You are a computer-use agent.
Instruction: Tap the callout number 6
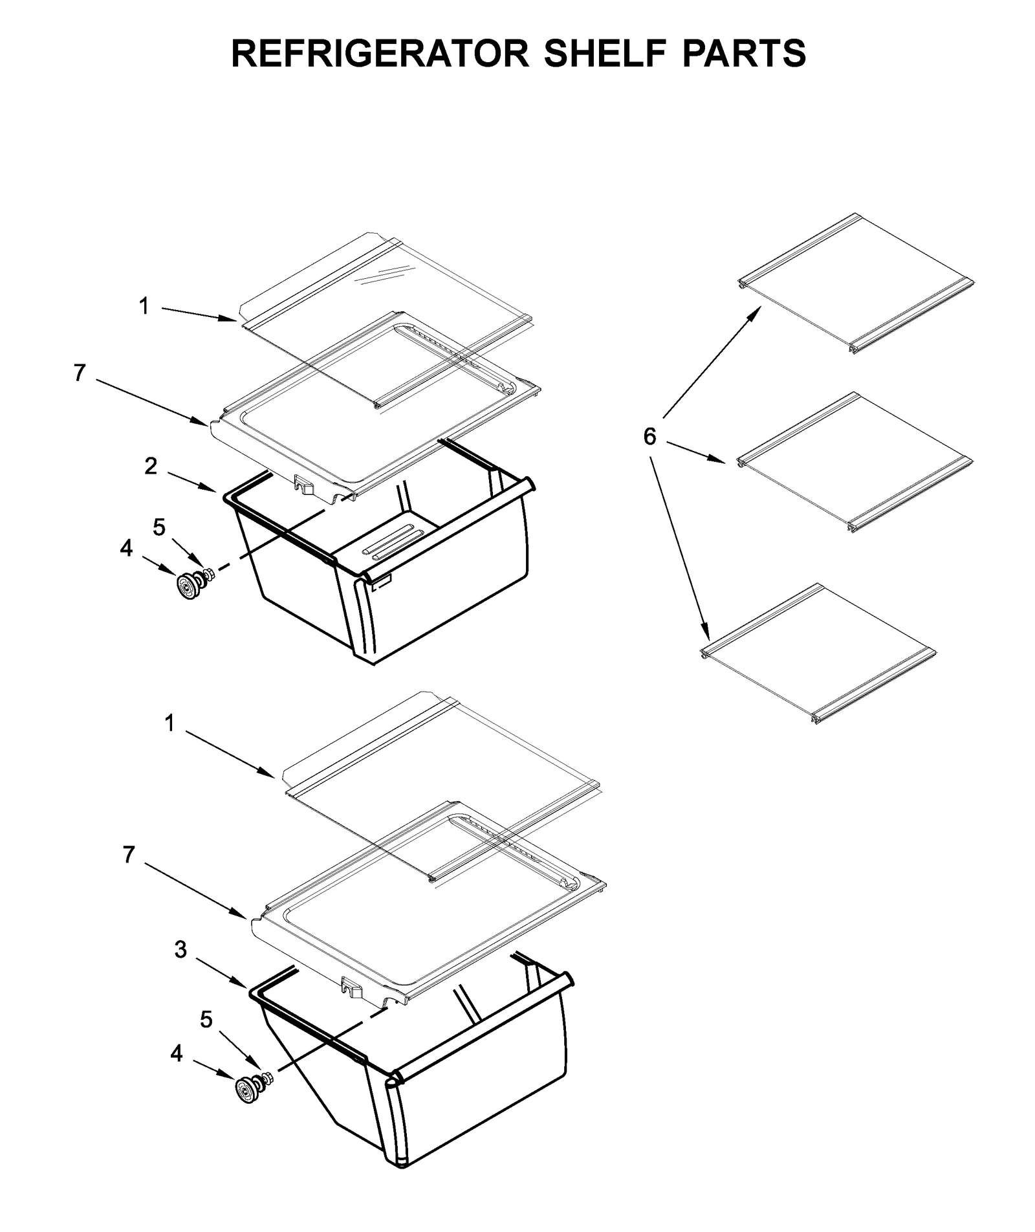(x=649, y=437)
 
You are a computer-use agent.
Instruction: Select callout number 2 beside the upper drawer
(x=151, y=466)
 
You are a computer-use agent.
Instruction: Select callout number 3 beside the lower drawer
(x=180, y=950)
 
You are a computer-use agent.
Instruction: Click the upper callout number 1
(x=144, y=306)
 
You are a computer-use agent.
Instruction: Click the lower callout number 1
(x=169, y=723)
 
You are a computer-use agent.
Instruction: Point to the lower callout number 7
(x=129, y=855)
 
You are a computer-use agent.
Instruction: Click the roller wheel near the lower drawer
(x=246, y=1090)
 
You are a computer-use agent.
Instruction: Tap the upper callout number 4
(x=126, y=549)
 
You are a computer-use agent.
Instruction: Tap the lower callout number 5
(x=206, y=1020)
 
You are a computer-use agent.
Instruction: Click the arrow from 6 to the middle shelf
(x=695, y=452)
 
